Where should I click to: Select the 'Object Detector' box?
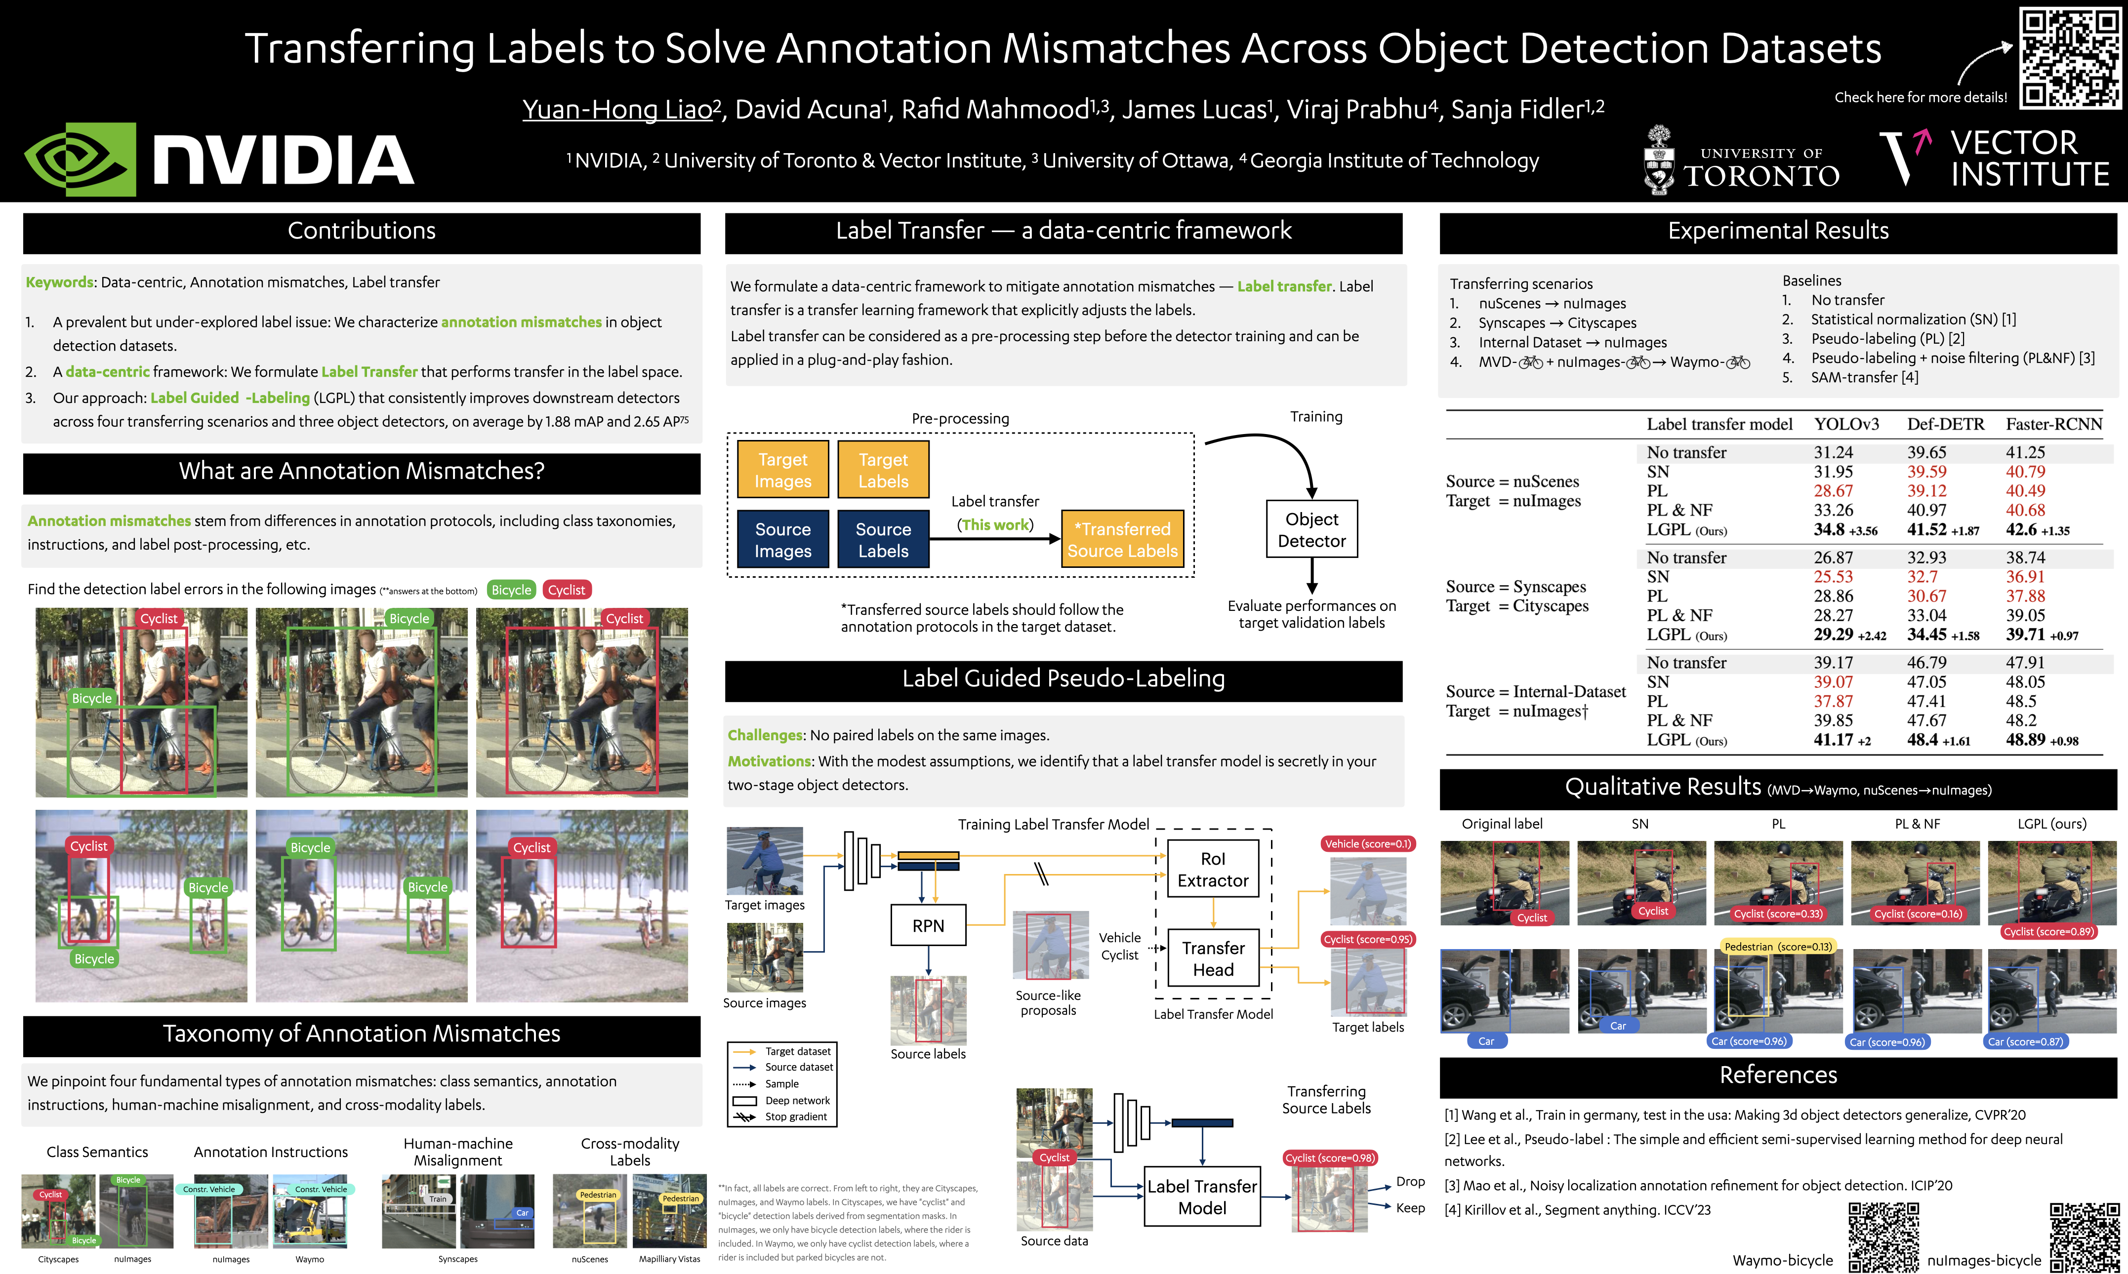[x=1311, y=530]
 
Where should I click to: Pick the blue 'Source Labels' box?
[x=883, y=540]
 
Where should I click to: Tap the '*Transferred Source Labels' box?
[x=1122, y=540]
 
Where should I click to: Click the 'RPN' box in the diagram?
[x=928, y=925]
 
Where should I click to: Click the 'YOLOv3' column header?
[x=1846, y=424]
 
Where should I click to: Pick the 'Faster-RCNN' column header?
[x=2053, y=424]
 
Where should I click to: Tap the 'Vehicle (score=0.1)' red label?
[x=1367, y=844]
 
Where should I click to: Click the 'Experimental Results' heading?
[x=1778, y=231]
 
